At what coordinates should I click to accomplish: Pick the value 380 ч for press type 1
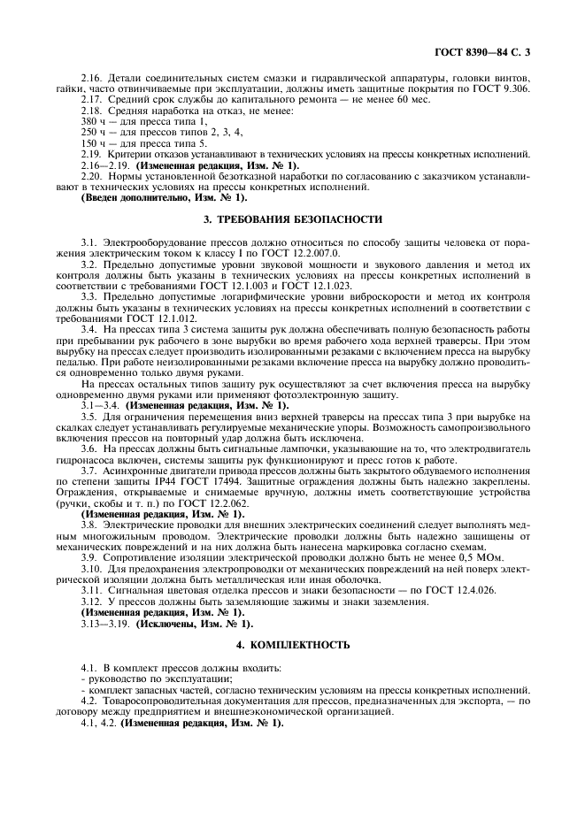click(x=93, y=119)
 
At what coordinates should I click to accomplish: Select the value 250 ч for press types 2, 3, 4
click(x=93, y=130)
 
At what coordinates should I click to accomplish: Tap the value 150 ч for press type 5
click(x=93, y=142)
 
